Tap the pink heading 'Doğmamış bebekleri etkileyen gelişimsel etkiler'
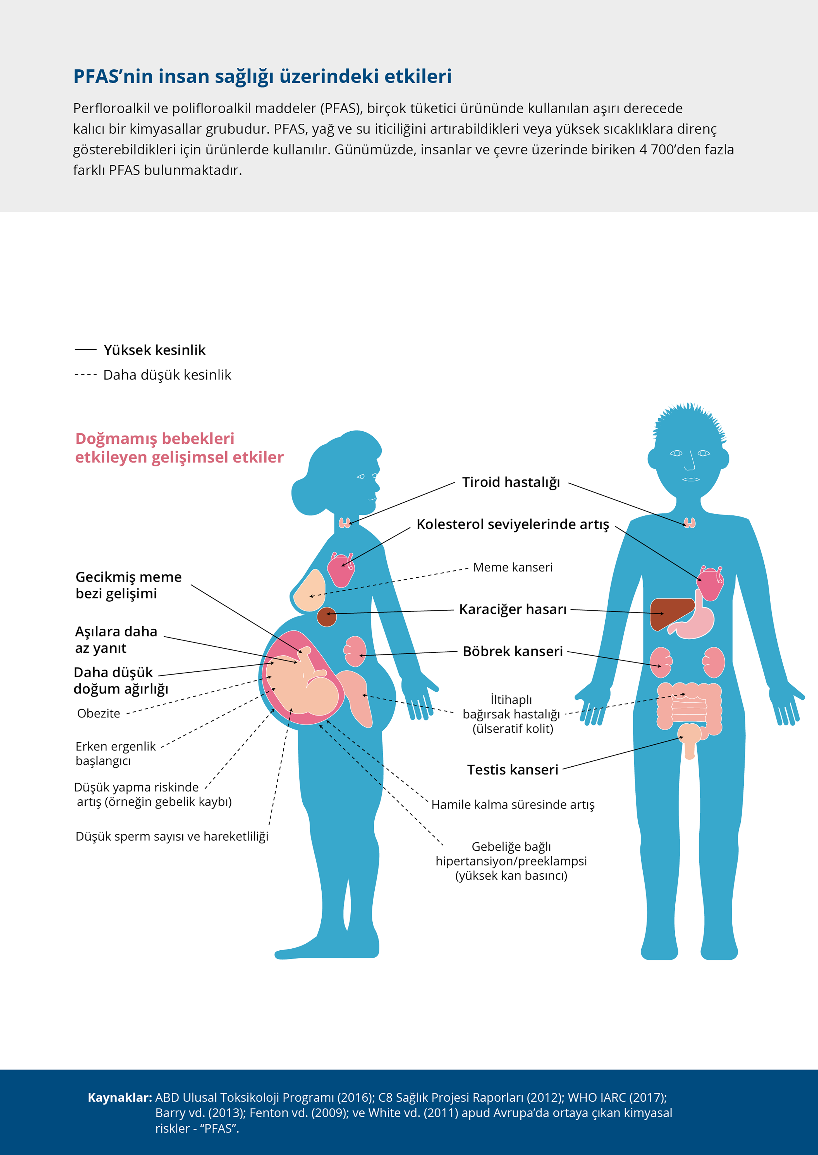pos(179,448)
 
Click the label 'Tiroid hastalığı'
pos(511,482)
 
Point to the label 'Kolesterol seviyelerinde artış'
pos(513,524)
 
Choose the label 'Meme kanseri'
pos(513,567)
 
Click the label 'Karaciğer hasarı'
pos(513,609)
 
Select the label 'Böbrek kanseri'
pos(513,651)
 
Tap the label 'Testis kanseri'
pos(513,770)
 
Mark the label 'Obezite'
pos(99,713)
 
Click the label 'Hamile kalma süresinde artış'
pos(513,805)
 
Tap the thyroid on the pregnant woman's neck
pos(345,523)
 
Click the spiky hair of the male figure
pos(689,423)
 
